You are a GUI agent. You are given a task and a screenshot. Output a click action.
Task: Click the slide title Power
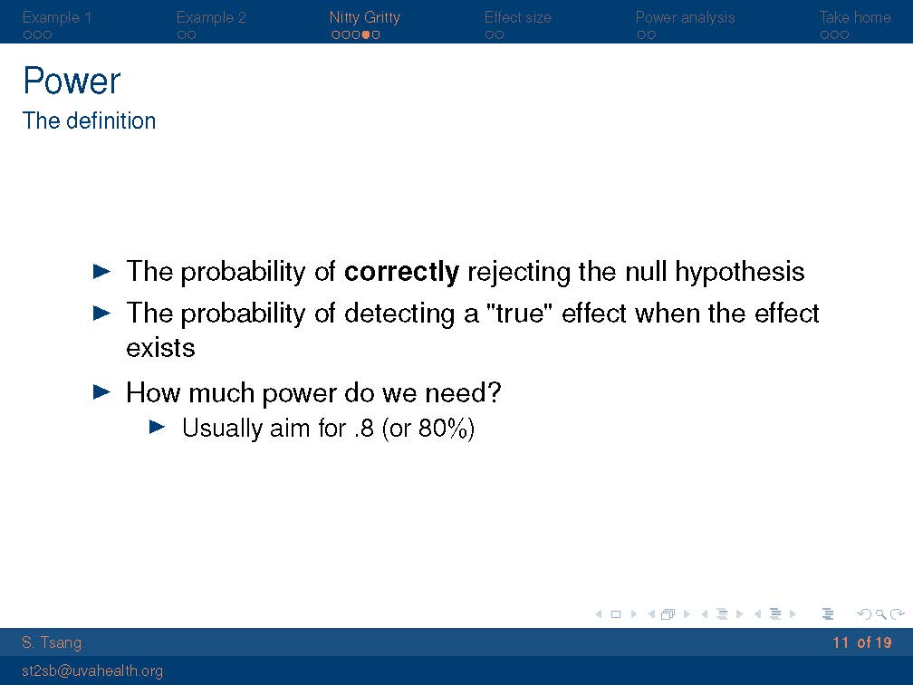[x=72, y=81]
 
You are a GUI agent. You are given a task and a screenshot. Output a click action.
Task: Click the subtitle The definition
[x=89, y=121]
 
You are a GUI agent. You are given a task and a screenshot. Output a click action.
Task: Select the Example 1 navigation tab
[x=56, y=17]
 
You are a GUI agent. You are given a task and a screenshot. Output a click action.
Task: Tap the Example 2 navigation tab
[x=211, y=17]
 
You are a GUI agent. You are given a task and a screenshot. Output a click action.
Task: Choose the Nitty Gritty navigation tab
[x=364, y=17]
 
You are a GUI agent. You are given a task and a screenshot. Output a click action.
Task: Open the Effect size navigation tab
[x=518, y=17]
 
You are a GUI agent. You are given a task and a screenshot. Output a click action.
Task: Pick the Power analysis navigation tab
[x=685, y=17]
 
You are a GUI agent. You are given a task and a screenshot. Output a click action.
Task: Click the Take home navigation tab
[x=855, y=17]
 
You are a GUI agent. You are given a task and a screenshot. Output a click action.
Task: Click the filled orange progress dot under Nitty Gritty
[x=366, y=34]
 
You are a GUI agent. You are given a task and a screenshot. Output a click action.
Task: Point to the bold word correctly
[x=401, y=272]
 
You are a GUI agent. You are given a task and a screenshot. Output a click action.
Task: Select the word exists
[x=160, y=348]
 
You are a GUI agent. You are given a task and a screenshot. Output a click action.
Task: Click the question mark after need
[x=494, y=392]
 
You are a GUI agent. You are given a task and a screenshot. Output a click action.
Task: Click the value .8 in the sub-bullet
[x=363, y=428]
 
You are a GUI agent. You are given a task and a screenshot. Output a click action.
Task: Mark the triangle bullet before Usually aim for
[x=158, y=427]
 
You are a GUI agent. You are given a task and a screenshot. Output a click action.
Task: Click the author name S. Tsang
[x=52, y=642]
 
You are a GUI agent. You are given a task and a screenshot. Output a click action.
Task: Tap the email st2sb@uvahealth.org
[x=92, y=671]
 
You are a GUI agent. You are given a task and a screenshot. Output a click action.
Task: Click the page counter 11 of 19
[x=861, y=642]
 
